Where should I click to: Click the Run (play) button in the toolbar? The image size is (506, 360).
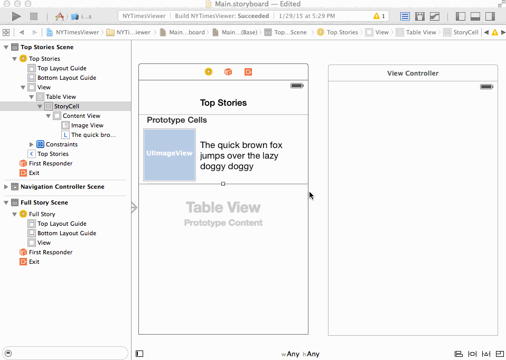[x=16, y=16]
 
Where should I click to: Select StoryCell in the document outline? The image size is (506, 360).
[x=67, y=106]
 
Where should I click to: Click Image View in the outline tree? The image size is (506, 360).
[x=87, y=125]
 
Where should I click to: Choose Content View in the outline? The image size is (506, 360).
[x=81, y=116]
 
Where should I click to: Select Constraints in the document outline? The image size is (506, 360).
[x=62, y=144]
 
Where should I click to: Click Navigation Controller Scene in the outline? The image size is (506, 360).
[x=62, y=187]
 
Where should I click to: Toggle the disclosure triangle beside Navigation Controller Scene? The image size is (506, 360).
[x=6, y=187]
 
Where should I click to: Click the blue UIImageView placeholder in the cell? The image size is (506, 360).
[x=170, y=155]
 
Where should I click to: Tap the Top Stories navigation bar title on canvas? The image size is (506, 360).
[x=223, y=103]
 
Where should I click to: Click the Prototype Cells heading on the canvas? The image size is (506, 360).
[x=177, y=120]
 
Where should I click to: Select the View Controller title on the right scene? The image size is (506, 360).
[x=413, y=73]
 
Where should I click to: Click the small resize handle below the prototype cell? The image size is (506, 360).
[x=223, y=184]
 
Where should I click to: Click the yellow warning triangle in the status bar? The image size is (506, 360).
[x=376, y=16]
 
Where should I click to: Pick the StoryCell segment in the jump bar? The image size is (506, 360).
[x=466, y=32]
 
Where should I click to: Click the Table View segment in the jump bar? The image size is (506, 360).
[x=421, y=32]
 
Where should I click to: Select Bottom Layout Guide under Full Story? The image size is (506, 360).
[x=67, y=233]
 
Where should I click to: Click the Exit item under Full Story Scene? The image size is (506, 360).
[x=34, y=262]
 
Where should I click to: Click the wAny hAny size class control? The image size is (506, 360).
[x=300, y=354]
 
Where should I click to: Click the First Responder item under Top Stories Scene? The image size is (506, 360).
[x=51, y=163]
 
